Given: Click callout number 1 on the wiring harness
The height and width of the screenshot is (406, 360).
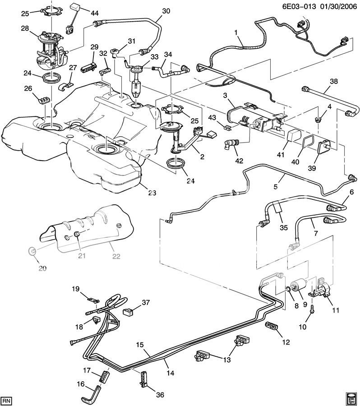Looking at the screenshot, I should coord(235,32).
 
